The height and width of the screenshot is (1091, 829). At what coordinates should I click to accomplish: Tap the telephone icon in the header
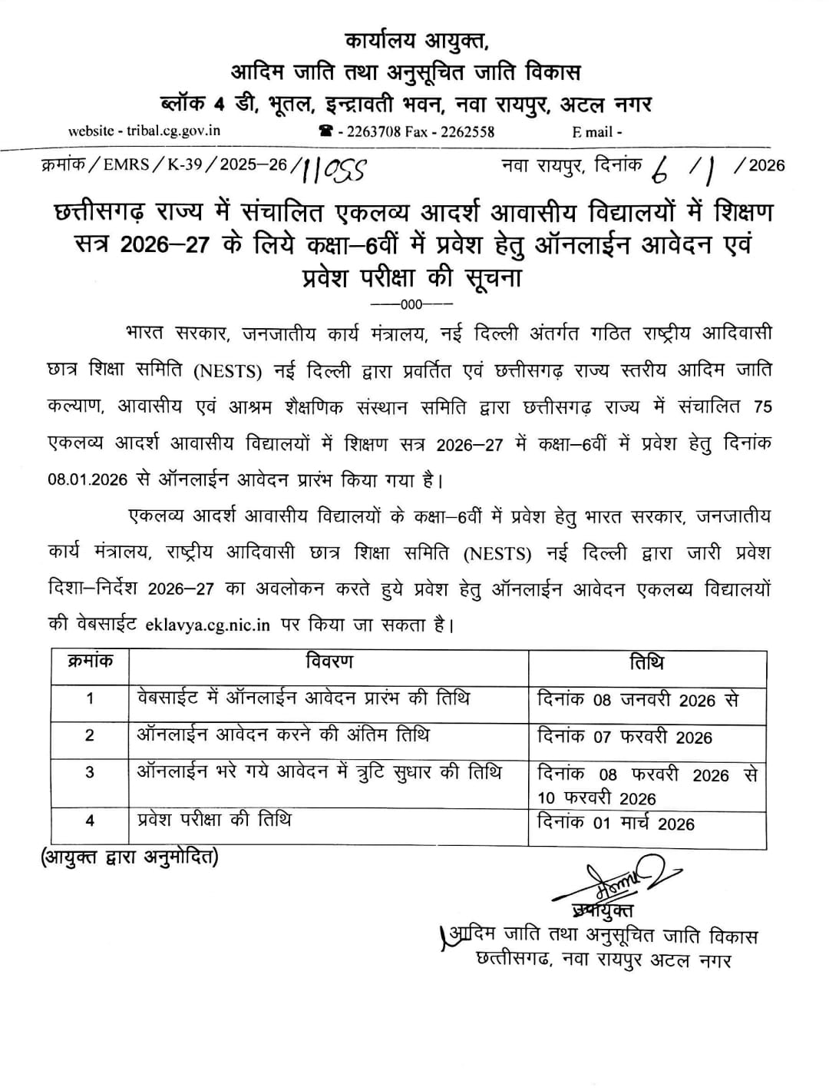point(325,131)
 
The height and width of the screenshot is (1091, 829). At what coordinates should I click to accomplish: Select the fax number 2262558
point(467,131)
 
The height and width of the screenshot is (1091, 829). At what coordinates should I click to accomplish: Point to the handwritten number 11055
point(335,169)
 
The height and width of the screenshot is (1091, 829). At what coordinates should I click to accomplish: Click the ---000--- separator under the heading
point(411,303)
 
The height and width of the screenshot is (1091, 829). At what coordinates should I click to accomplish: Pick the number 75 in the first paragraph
point(762,407)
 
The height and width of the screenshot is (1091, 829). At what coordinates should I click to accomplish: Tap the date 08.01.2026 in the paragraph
point(87,480)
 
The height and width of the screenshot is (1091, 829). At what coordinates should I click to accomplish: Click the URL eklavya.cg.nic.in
point(207,625)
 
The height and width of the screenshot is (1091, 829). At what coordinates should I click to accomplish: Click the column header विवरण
point(329,662)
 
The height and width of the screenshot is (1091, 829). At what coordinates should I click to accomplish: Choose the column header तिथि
point(646,662)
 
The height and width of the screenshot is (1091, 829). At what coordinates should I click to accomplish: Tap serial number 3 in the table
point(90,771)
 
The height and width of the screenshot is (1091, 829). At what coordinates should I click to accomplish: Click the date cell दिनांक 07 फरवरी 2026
point(625,737)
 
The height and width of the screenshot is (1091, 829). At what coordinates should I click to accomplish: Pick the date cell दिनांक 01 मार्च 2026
point(616,824)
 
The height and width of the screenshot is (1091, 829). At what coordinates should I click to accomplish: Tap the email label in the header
point(596,131)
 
